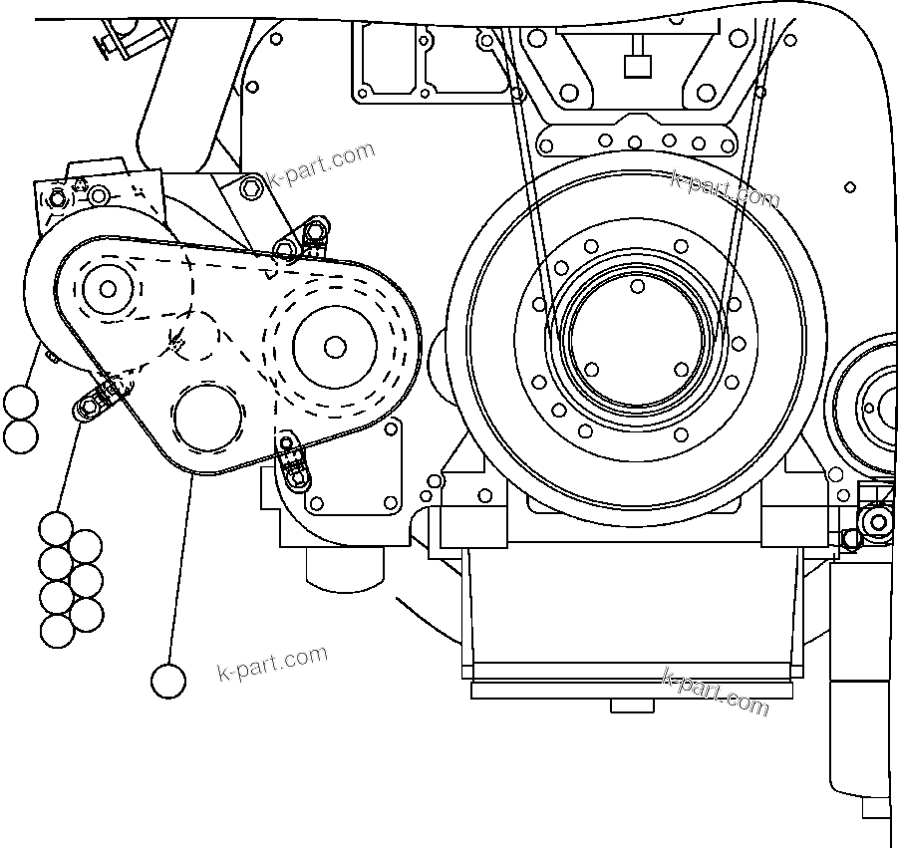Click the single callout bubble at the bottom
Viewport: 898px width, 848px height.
[167, 682]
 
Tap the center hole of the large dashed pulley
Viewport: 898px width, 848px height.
[335, 346]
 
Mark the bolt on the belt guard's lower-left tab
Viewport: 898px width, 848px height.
[91, 407]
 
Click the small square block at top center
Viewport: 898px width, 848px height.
[636, 67]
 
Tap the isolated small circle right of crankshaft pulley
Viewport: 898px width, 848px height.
[849, 186]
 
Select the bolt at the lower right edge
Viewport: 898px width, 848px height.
[877, 522]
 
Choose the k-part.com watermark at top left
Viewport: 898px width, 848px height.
[321, 165]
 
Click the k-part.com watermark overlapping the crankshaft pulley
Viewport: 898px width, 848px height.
[725, 188]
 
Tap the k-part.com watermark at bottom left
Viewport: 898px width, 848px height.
[271, 664]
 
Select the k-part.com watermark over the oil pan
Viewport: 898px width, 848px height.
[716, 693]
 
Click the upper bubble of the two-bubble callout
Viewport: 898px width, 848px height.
[20, 404]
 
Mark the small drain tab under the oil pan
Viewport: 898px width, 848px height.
[633, 705]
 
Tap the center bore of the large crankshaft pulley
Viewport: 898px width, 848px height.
[637, 327]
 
